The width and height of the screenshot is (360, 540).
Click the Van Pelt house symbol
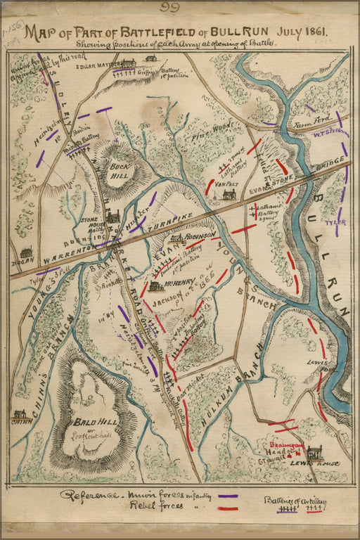[228, 195]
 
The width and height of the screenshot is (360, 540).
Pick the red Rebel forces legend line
[226, 506]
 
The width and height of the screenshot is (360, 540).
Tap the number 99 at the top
[170, 8]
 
